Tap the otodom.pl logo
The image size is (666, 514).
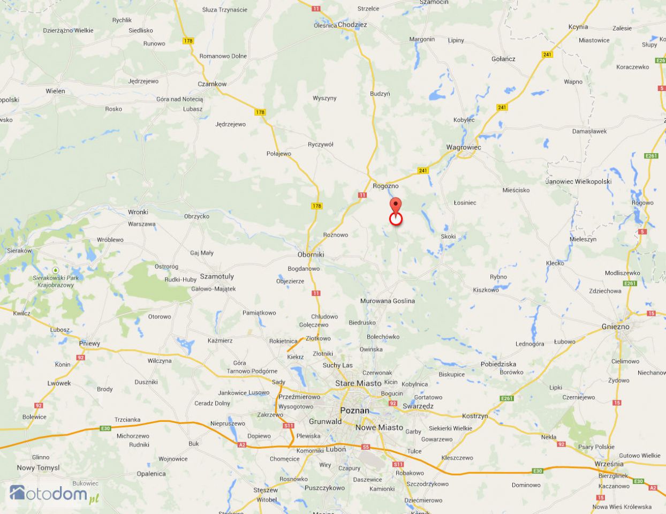pyautogui.click(x=55, y=494)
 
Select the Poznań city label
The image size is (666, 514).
pyautogui.click(x=354, y=411)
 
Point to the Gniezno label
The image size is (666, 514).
pyautogui.click(x=616, y=327)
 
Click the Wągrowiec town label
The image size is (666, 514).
pyautogui.click(x=464, y=147)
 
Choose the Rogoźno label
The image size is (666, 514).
pyautogui.click(x=385, y=186)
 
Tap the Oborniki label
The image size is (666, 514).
pyautogui.click(x=311, y=254)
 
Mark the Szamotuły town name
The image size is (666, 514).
pyautogui.click(x=217, y=276)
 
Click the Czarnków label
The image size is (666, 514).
pyautogui.click(x=212, y=84)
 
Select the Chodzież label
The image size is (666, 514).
pyautogui.click(x=352, y=25)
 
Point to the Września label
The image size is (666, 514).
pyautogui.click(x=609, y=464)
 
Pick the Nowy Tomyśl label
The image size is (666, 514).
pyautogui.click(x=38, y=467)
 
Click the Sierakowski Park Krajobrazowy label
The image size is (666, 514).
pyautogui.click(x=56, y=281)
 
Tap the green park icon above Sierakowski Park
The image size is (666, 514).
pyautogui.click(x=55, y=270)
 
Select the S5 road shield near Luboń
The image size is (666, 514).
pyautogui.click(x=366, y=447)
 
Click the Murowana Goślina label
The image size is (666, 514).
pyautogui.click(x=388, y=301)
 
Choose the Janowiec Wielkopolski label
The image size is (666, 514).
pyautogui.click(x=578, y=182)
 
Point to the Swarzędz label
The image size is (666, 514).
pyautogui.click(x=418, y=406)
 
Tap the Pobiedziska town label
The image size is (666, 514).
pyautogui.click(x=498, y=364)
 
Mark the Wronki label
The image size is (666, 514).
pyautogui.click(x=138, y=212)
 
